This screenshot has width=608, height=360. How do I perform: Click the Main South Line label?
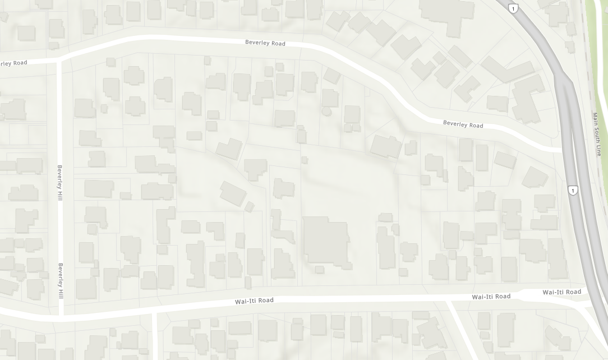599,135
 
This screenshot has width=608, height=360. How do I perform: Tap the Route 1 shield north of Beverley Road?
513,8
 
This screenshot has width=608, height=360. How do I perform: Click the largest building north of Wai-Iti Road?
326,241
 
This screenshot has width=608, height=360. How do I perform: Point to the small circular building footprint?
326,111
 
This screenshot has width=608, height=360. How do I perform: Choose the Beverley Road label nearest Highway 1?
463,124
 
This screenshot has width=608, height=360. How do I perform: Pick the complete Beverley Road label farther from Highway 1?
265,43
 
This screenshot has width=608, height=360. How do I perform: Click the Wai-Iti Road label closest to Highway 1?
561,292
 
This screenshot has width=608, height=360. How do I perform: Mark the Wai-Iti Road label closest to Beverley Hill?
254,301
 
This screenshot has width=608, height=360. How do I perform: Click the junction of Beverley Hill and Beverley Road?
59,59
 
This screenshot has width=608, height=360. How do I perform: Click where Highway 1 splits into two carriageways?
563,79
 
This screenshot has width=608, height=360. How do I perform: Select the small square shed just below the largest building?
319,270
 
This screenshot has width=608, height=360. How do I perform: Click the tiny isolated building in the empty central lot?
305,160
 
